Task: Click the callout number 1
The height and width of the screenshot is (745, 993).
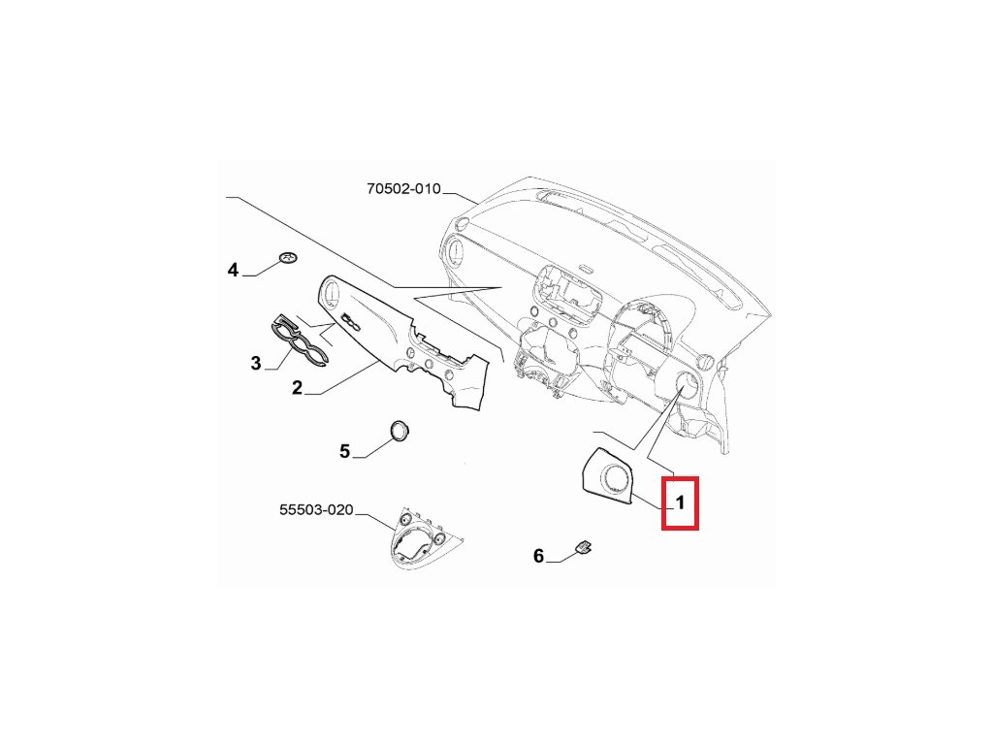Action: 680,503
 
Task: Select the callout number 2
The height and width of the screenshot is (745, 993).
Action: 298,388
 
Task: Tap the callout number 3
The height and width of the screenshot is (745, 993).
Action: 256,364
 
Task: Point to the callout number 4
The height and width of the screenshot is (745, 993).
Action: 233,270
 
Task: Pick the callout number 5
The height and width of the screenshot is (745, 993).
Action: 344,451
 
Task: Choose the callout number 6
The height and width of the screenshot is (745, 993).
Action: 539,557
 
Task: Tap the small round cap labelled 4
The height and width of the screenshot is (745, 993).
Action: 287,257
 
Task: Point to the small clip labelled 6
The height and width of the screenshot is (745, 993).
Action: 584,548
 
